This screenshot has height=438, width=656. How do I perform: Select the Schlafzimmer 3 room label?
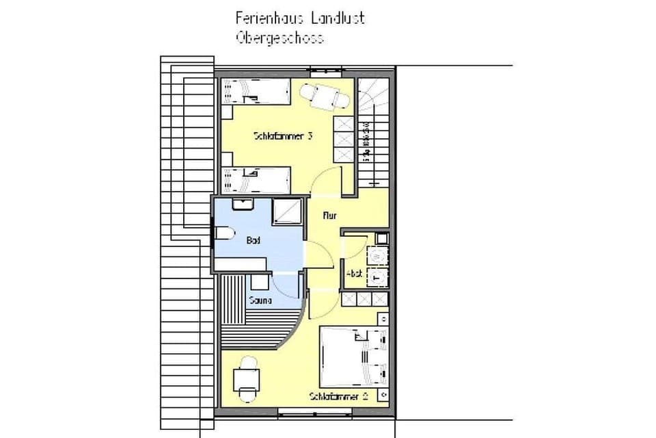click(283, 136)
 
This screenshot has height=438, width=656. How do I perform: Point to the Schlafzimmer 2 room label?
click(338, 396)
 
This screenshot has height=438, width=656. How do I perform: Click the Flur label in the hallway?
click(330, 216)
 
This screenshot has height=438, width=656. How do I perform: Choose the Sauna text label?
click(260, 300)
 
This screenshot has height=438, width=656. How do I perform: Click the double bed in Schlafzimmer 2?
click(353, 356)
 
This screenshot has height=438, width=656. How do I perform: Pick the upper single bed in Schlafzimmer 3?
click(256, 91)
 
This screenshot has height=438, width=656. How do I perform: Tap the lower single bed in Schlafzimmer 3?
click(256, 180)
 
